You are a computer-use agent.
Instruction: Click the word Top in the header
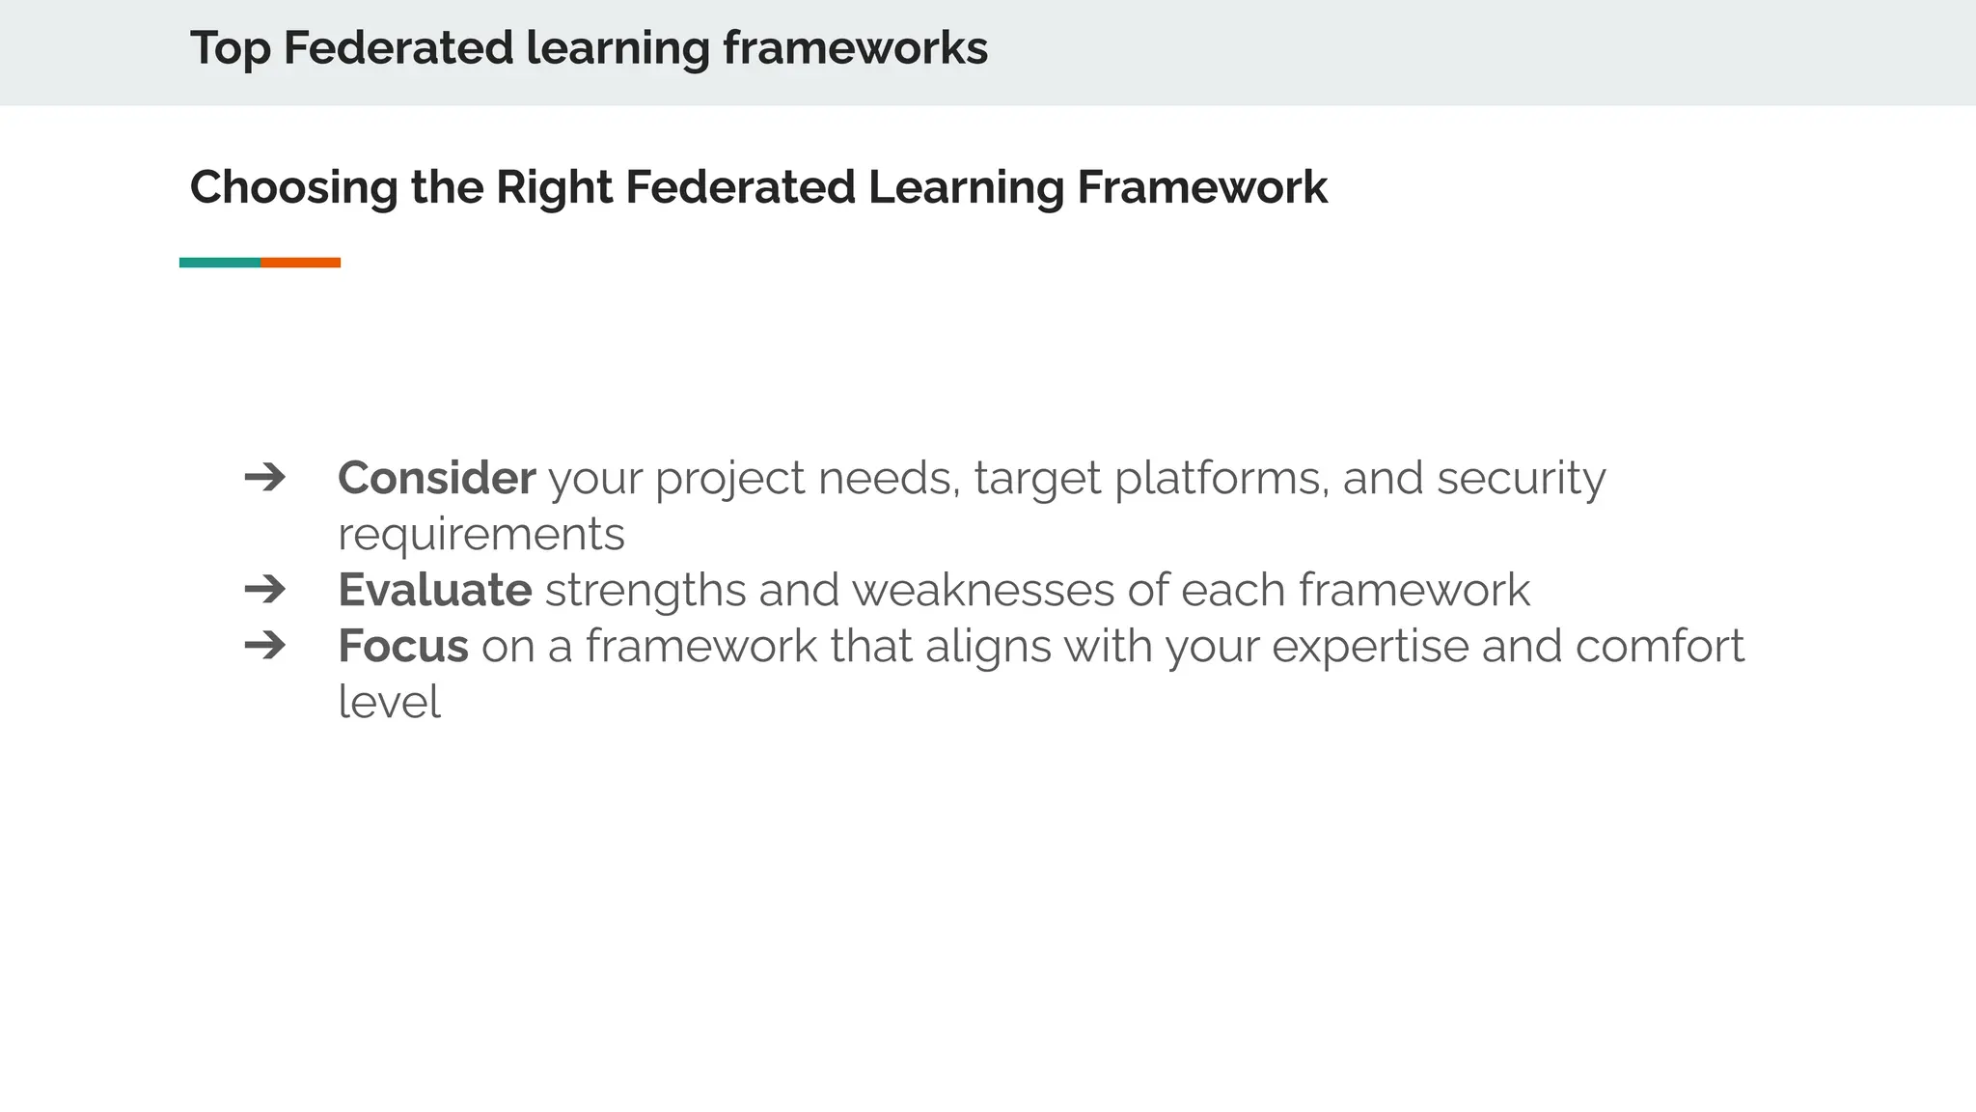230,48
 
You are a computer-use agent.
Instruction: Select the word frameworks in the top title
855,48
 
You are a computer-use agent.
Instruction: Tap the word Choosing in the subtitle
293,187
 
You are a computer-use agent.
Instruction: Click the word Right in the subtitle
554,187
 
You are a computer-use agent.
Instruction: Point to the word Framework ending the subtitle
1201,187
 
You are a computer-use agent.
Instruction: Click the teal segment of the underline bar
220,263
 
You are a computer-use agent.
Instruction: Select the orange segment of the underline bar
300,263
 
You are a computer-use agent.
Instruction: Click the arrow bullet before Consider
265,477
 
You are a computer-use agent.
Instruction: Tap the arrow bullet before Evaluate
265,589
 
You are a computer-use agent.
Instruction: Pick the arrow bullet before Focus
265,645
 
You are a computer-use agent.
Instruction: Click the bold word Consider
436,478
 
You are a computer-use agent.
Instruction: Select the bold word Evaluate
434,590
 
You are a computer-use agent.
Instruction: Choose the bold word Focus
402,646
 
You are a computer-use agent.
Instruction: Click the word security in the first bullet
1521,479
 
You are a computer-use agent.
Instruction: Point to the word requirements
480,535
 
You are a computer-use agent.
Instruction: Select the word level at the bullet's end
389,702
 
